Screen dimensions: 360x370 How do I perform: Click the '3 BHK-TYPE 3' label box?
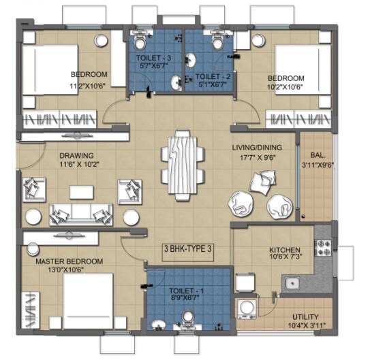(188, 249)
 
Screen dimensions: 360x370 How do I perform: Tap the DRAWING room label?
(76, 155)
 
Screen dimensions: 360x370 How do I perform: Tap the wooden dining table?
(183, 164)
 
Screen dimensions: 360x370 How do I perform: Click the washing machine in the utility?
(247, 309)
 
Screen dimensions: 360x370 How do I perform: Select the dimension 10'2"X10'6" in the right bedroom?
(283, 86)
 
